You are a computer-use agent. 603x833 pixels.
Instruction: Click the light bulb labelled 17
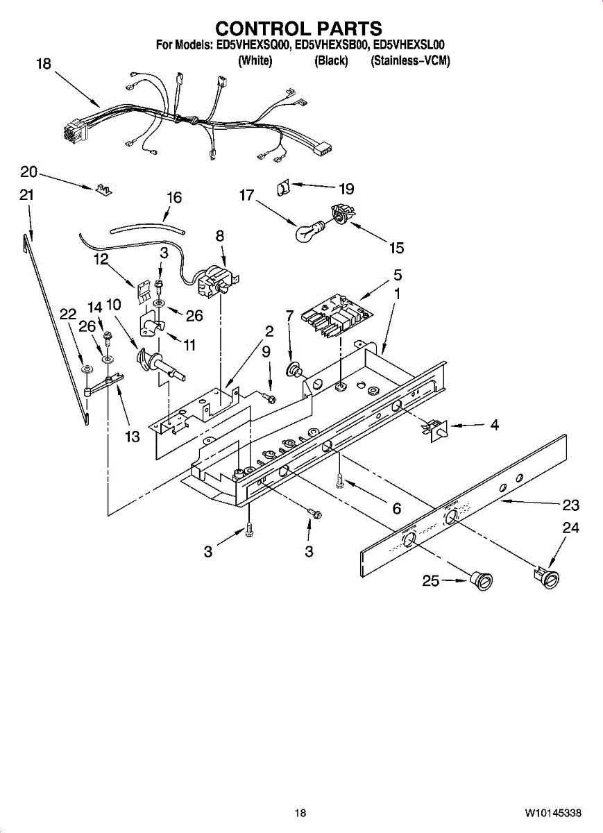click(308, 231)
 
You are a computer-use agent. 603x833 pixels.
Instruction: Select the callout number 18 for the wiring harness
click(43, 64)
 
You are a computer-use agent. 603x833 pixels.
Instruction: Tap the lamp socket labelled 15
click(341, 213)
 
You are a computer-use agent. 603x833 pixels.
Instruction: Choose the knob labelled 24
click(547, 575)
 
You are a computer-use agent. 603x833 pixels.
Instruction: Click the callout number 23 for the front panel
click(570, 505)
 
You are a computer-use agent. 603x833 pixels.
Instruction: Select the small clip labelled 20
click(103, 190)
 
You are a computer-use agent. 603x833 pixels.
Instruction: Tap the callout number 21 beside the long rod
click(26, 196)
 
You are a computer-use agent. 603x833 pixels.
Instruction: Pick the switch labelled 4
click(435, 428)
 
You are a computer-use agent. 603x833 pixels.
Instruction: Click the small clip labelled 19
click(283, 187)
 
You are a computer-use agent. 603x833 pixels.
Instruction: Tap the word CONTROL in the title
click(257, 28)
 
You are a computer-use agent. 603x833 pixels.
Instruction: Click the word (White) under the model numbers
click(255, 61)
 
